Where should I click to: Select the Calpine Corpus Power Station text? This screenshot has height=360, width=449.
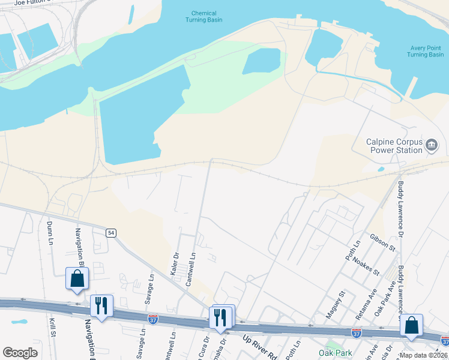(394, 146)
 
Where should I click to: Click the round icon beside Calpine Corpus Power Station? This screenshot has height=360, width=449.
(432, 145)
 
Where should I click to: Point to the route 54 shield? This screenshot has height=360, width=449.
(110, 233)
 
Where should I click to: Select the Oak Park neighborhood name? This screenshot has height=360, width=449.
(336, 353)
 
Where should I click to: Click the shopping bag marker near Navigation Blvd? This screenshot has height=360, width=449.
(77, 279)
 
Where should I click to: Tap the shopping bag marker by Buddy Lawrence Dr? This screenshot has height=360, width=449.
(412, 326)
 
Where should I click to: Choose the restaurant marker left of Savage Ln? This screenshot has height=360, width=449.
(101, 306)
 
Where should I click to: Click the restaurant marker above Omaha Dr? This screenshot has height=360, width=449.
(220, 317)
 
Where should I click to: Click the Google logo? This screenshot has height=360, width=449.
(20, 353)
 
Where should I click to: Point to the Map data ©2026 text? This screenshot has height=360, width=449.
(423, 355)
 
